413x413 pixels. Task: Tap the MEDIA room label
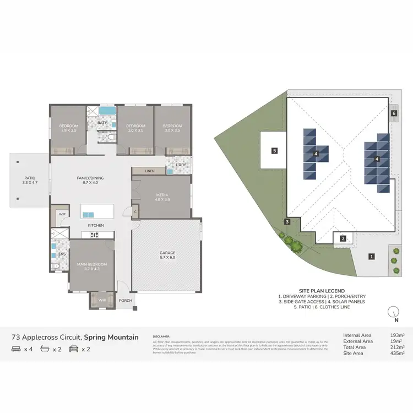(161, 195)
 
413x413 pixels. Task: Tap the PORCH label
(124, 301)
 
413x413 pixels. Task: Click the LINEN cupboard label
(150, 172)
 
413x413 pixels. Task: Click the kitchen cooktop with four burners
(93, 235)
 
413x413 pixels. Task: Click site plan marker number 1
(372, 256)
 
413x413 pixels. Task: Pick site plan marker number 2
(343, 238)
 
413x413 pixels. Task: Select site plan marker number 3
(287, 222)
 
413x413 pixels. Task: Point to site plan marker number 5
(274, 150)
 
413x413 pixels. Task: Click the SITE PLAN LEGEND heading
(322, 291)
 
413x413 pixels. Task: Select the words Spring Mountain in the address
(111, 336)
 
